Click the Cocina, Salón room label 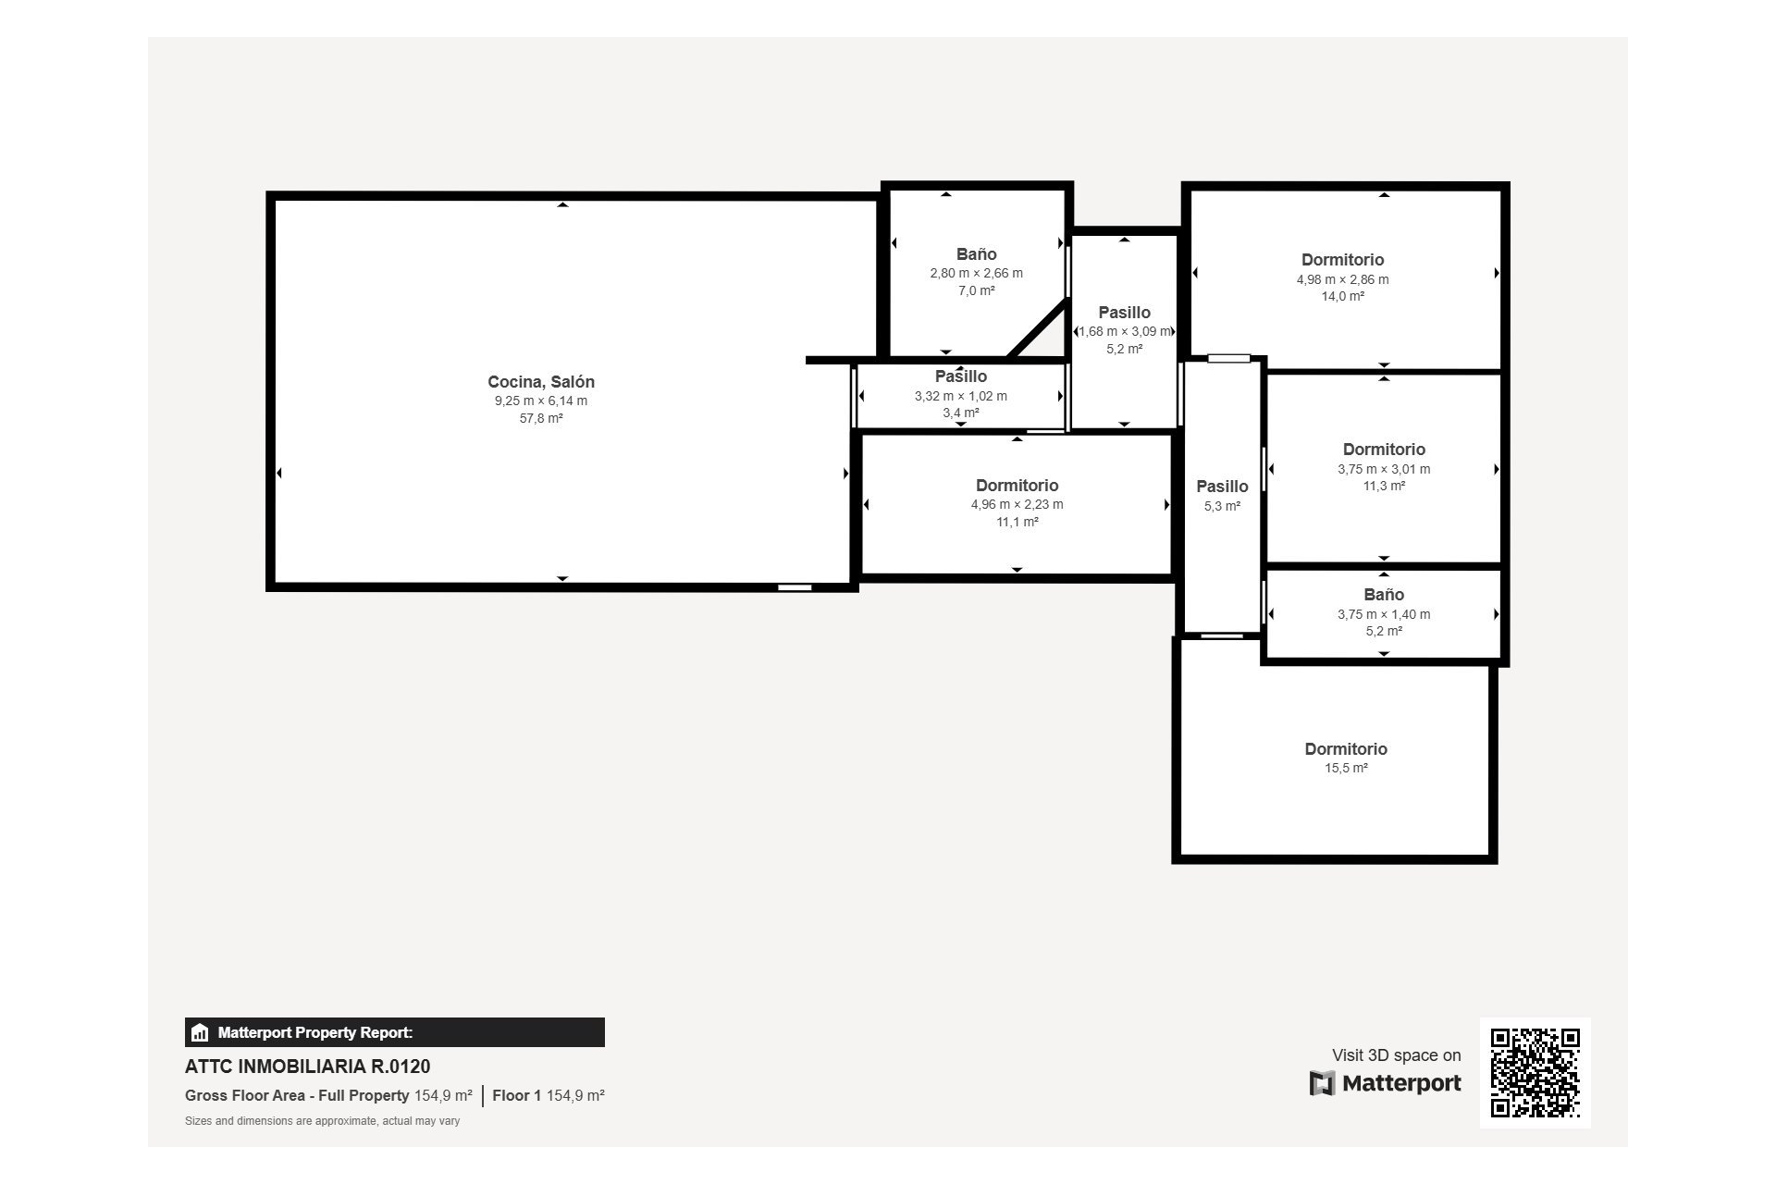coord(541,382)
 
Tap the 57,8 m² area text coord(541,418)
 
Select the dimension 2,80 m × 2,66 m coord(976,273)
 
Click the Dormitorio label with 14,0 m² coord(1342,260)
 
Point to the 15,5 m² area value coord(1346,768)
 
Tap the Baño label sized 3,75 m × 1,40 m coord(1384,595)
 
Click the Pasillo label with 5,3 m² coord(1222,487)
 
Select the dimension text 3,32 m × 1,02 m coord(961,396)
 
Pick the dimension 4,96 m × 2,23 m coord(1017,504)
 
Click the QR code coord(1535,1073)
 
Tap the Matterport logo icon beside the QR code coord(1323,1083)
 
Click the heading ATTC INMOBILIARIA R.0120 coord(308,1067)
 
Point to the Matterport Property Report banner coord(395,1032)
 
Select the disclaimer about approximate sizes coord(323,1121)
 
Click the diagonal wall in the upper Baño coord(1038,328)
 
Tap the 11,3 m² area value coord(1384,486)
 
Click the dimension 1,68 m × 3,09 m coord(1125,331)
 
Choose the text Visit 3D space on coord(1397,1055)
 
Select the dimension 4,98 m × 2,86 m coord(1342,279)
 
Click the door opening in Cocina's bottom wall coord(795,587)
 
